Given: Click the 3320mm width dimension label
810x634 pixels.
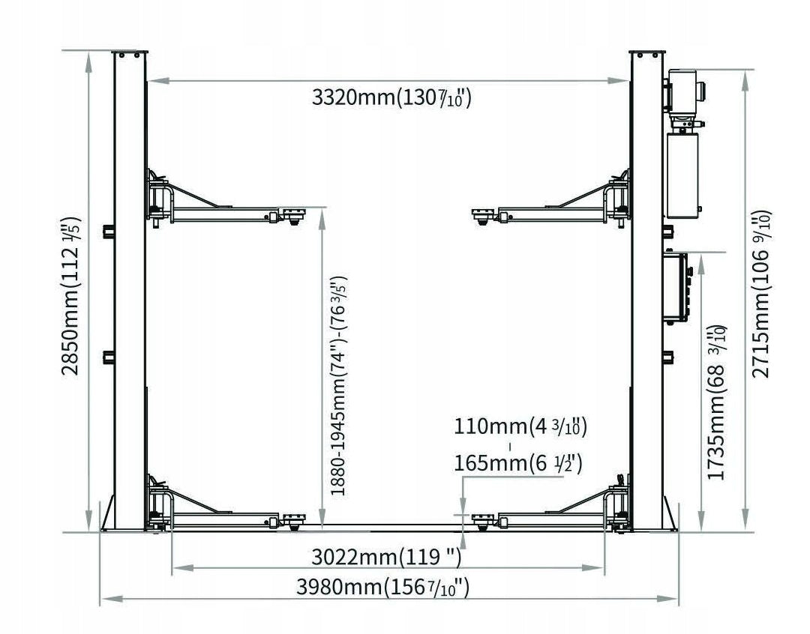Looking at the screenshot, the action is tap(391, 97).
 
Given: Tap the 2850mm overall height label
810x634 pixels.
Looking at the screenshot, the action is tap(71, 296).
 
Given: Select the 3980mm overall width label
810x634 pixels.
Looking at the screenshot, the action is tap(382, 587).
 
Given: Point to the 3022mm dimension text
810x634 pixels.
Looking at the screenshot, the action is tap(386, 557).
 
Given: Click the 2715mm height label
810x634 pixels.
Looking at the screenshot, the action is tap(760, 295).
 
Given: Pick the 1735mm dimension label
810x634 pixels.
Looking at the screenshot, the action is tap(716, 402).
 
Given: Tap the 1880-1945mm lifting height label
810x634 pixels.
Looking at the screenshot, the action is tap(338, 386).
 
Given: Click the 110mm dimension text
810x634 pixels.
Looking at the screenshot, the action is tap(520, 427).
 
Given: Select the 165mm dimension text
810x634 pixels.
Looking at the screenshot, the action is tap(518, 463).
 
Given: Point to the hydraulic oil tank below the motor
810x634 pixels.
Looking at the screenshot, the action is tap(682, 175).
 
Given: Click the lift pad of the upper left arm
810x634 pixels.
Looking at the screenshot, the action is tap(293, 214).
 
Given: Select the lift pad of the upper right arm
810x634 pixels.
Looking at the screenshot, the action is tap(484, 215).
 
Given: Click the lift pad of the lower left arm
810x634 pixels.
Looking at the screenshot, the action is tap(293, 520).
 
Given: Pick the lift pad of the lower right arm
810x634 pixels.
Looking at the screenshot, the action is tap(484, 520).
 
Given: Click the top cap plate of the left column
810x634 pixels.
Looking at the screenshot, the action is tap(130, 53).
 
